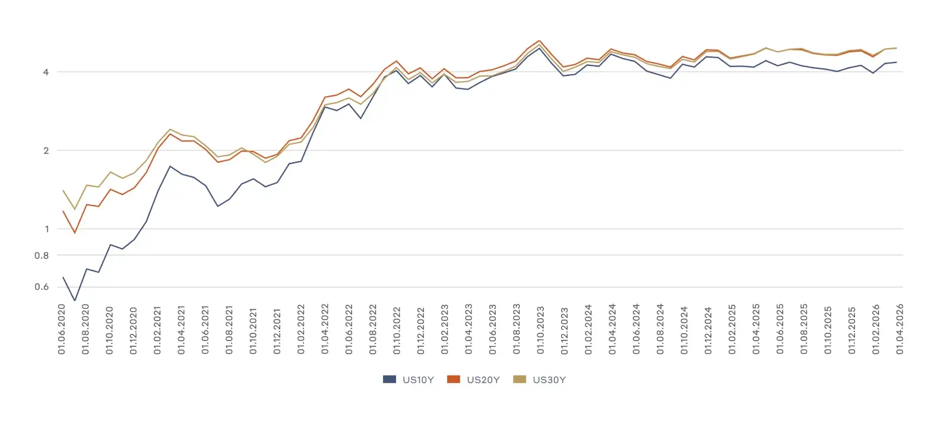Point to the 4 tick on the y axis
click(46, 72)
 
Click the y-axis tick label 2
click(46, 150)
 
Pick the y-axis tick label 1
click(46, 229)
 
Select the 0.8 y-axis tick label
click(42, 255)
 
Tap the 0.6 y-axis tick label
click(42, 287)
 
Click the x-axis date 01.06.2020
click(62, 330)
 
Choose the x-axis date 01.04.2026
click(900, 330)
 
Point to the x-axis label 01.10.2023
click(540, 330)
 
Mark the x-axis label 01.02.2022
click(301, 330)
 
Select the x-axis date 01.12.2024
click(708, 330)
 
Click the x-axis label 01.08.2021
click(229, 330)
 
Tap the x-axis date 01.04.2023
click(468, 330)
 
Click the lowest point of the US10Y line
click(75, 301)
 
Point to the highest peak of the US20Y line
click(539, 41)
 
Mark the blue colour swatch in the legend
click(389, 379)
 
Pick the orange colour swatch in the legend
click(454, 379)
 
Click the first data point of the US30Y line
click(63, 190)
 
